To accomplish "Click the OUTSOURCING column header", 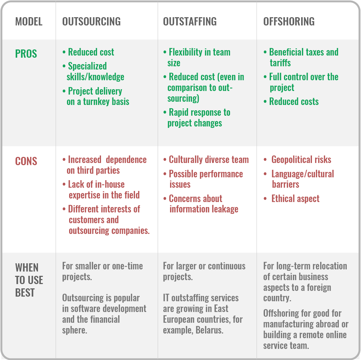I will pyautogui.click(x=91, y=21).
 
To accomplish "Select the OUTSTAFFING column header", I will pyautogui.click(x=190, y=21).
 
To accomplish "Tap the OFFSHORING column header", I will pyautogui.click(x=289, y=21).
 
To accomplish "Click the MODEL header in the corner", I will pyautogui.click(x=29, y=21).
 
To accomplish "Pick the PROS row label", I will pyautogui.click(x=26, y=54).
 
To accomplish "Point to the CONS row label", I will pyautogui.click(x=26, y=161).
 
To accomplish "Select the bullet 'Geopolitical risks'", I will pyautogui.click(x=301, y=160).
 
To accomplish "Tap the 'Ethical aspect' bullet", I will pyautogui.click(x=295, y=199).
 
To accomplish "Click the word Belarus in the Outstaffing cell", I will pyautogui.click(x=209, y=330).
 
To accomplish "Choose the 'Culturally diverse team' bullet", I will pyautogui.click(x=208, y=160).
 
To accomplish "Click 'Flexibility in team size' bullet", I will pyautogui.click(x=199, y=57).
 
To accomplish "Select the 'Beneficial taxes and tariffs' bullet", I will pyautogui.click(x=303, y=57).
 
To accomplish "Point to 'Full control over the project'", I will pyautogui.click(x=303, y=82).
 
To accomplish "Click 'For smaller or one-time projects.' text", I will pyautogui.click(x=102, y=271).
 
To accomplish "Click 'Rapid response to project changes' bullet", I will pyautogui.click(x=199, y=118).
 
